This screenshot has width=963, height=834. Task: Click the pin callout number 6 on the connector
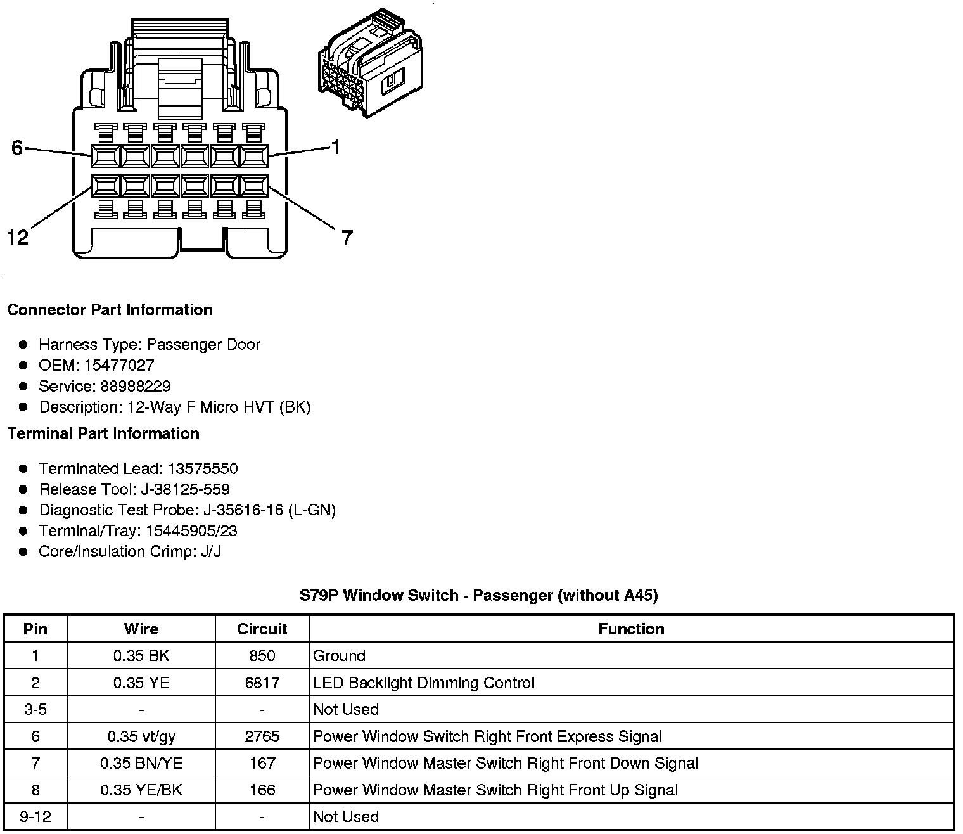[x=17, y=148]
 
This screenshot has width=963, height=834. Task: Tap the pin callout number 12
[x=18, y=237]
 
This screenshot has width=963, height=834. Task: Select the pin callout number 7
[x=347, y=238]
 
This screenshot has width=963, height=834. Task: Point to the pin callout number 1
[x=336, y=147]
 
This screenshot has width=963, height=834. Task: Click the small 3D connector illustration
[x=371, y=63]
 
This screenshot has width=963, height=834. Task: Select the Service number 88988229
[x=136, y=386]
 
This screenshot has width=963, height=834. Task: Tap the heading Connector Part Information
[x=110, y=310]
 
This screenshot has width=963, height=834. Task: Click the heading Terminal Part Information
[x=103, y=433]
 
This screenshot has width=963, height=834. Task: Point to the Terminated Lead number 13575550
[x=203, y=468]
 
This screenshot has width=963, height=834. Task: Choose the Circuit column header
[x=262, y=629]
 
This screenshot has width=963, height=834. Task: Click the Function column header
[x=631, y=629]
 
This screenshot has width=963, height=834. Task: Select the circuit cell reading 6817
[x=262, y=683]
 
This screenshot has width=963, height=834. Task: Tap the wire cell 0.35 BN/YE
[x=141, y=763]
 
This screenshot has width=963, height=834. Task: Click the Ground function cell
[x=340, y=656]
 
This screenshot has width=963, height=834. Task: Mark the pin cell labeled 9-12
[x=35, y=816]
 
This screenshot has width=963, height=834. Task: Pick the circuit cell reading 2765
[x=262, y=736]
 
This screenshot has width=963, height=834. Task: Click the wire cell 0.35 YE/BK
[x=141, y=790]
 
